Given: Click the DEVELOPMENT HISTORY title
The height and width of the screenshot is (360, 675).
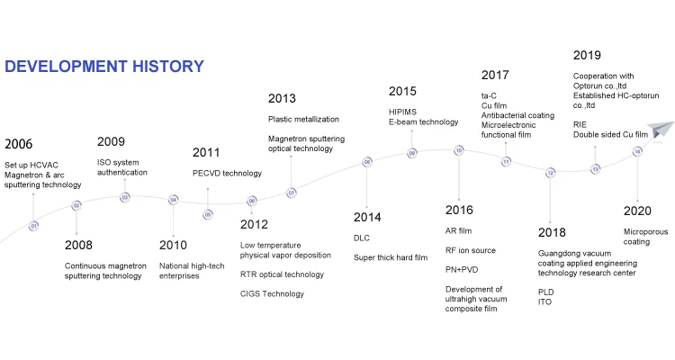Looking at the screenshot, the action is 104,67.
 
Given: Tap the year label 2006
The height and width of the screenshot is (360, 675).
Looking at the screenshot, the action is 19,144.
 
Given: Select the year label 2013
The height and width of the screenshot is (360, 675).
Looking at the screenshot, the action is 282,98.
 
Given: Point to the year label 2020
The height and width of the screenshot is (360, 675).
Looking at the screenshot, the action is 637,211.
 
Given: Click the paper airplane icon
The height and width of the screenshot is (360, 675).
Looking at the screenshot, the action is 661,130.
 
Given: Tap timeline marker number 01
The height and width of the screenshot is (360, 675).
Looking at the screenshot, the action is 33,226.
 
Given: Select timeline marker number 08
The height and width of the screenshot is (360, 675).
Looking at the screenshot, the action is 367,162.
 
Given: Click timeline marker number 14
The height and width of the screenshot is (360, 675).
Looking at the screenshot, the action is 637,151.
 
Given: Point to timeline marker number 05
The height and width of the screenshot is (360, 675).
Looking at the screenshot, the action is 208,214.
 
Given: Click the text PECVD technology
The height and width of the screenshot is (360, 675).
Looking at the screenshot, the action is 227,173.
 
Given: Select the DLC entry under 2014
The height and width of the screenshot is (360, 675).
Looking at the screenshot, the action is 362,238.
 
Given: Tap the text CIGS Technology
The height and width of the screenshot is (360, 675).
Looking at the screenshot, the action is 272,293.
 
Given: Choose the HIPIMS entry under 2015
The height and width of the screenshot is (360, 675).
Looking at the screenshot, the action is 402,112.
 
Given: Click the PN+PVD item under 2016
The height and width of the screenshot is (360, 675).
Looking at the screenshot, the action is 462,270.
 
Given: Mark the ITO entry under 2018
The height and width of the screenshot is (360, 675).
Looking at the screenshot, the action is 544,301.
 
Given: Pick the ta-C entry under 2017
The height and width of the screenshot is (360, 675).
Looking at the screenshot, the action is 489,95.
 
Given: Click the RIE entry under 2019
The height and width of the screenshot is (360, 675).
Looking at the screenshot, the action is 580,124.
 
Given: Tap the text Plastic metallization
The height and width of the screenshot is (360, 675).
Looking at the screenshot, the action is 303,119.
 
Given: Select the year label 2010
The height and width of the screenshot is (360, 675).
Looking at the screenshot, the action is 173,245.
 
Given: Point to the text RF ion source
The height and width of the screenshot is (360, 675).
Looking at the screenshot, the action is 470,250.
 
